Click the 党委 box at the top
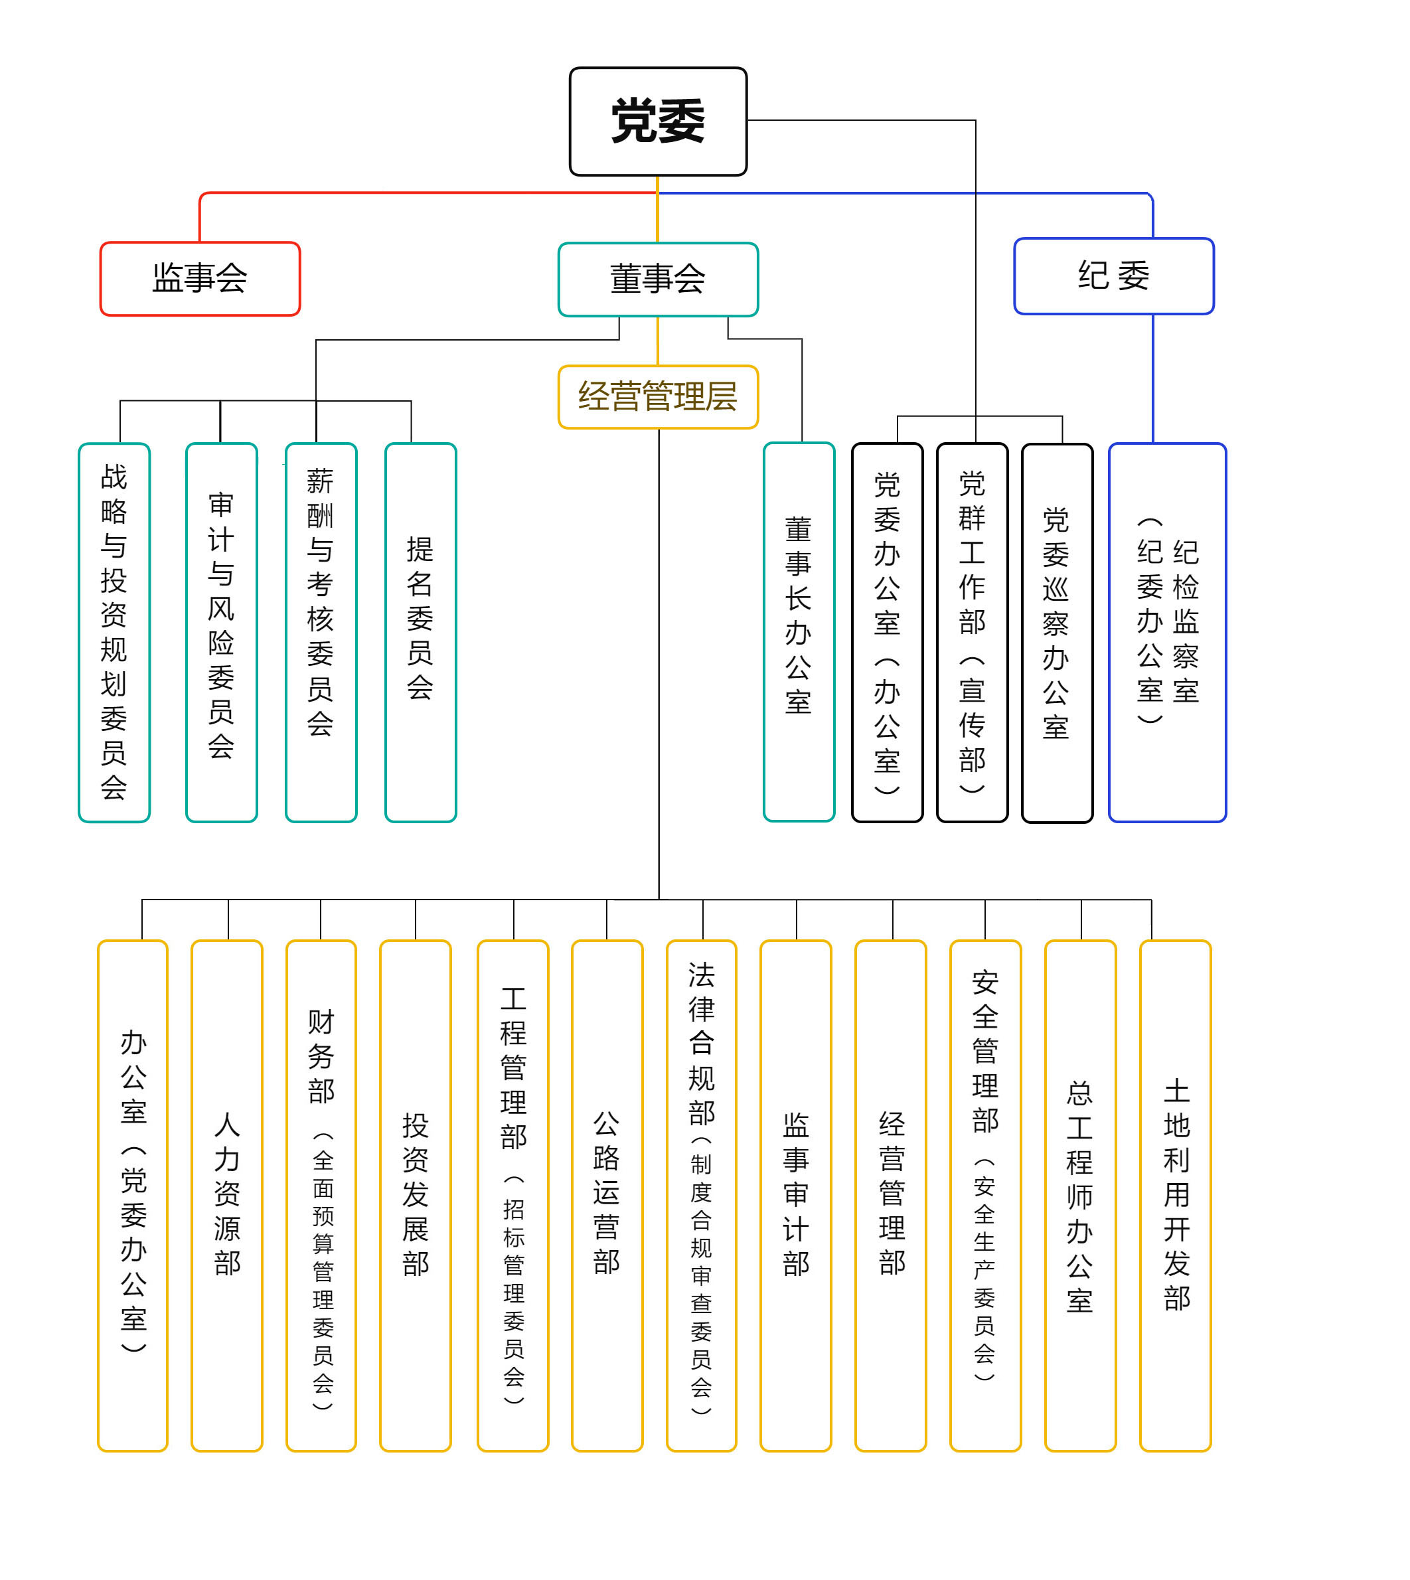tap(658, 121)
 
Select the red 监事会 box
tap(200, 278)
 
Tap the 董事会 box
tap(658, 279)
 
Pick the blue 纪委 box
tap(1113, 276)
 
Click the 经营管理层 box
tap(658, 397)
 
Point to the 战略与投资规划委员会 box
tap(114, 631)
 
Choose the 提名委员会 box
tap(421, 631)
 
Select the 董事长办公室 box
tap(799, 631)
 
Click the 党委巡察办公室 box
tap(1057, 632)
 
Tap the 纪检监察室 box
tap(1167, 631)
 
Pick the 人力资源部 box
tap(227, 1194)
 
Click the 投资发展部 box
tap(416, 1194)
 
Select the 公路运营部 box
tap(607, 1194)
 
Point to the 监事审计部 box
tap(796, 1194)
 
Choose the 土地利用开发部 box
tap(1175, 1194)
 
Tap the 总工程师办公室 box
tap(1080, 1194)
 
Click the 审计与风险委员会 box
tap(222, 631)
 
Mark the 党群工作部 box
tap(973, 631)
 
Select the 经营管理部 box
tap(891, 1194)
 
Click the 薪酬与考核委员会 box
tap(321, 631)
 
